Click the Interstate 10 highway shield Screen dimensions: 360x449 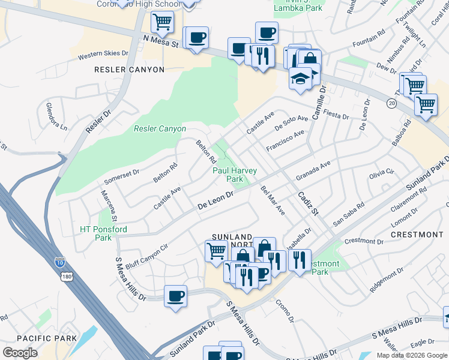point(60,262)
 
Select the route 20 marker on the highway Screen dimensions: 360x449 point(391,103)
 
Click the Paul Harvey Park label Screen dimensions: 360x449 point(235,175)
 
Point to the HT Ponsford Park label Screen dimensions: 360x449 point(103,233)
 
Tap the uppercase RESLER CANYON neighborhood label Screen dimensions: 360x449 point(129,70)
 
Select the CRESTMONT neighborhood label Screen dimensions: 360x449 point(417,234)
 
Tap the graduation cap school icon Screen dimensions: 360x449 point(301,78)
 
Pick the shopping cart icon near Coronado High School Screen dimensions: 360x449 point(162,23)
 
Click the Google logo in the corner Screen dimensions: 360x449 point(20,353)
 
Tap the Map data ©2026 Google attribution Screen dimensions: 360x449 point(412,355)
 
